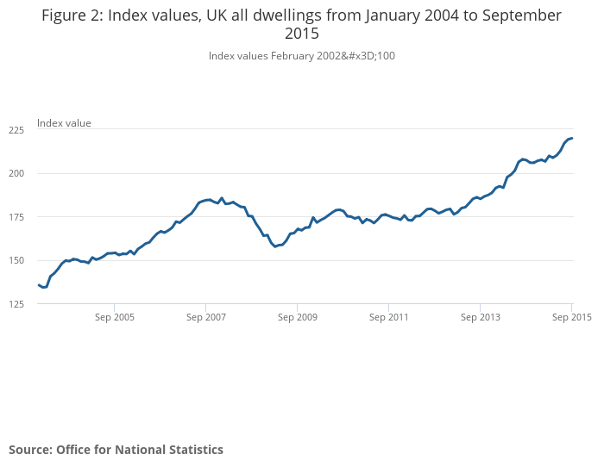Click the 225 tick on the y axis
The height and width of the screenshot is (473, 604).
(16, 130)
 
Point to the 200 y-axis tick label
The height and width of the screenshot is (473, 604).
(16, 173)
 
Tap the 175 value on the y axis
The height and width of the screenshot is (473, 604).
(16, 217)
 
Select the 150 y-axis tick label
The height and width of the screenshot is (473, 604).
(16, 260)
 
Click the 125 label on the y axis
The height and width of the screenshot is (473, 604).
(16, 304)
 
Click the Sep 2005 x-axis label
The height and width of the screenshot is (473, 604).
(115, 317)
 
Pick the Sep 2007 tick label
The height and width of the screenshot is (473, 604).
(206, 317)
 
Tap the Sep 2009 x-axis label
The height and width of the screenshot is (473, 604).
(298, 317)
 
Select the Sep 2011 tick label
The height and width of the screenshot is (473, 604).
(389, 317)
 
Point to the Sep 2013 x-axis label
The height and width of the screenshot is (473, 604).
(481, 317)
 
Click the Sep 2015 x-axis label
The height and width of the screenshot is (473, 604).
(571, 317)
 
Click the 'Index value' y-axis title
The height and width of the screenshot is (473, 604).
(64, 123)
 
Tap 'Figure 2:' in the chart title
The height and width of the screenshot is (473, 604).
(72, 16)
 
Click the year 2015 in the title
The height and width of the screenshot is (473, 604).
(301, 34)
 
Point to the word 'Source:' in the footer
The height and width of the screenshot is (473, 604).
(30, 450)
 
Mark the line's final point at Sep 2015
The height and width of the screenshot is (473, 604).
(571, 139)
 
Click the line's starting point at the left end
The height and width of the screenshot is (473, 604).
(39, 285)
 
